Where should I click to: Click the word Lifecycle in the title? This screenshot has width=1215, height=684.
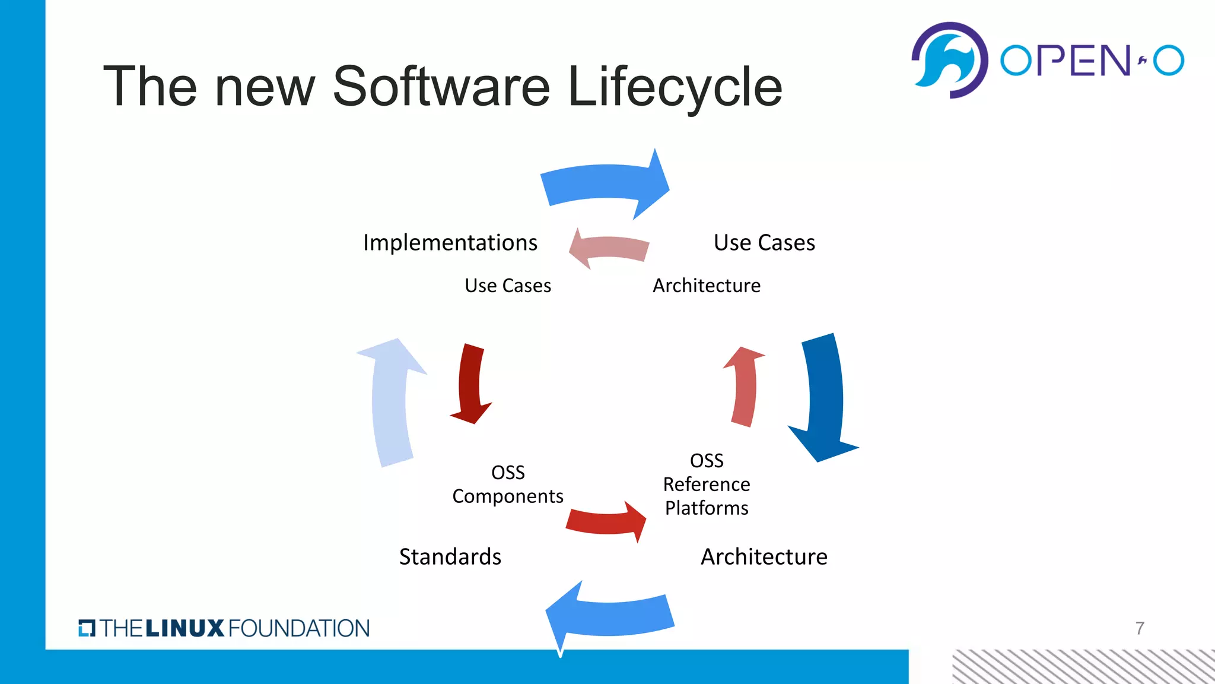pos(675,87)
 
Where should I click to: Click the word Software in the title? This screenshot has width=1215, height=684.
pos(441,87)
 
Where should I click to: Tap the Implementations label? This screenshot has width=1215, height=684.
pos(450,243)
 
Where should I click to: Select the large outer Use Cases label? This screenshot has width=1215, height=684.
pos(764,243)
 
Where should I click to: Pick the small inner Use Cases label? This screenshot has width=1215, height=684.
pos(508,286)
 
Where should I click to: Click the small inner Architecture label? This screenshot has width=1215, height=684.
pos(707,286)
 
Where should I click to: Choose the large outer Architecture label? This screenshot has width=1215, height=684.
pos(764,557)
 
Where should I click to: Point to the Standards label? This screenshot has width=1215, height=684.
pos(450,557)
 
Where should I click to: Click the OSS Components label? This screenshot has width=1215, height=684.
pos(508,484)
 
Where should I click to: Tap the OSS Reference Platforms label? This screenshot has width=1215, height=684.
pos(707,484)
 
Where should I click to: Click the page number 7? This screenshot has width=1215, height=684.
pos(1140,628)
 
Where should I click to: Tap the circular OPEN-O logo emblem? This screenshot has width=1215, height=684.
pos(949,60)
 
